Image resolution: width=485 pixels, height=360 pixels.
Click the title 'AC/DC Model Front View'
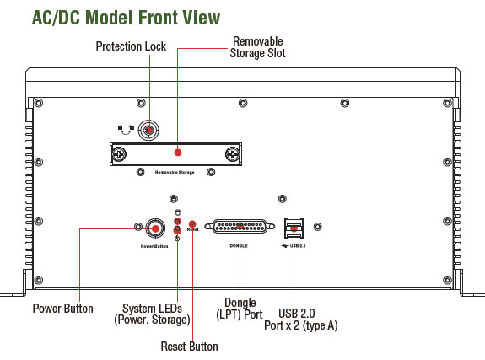(x=126, y=18)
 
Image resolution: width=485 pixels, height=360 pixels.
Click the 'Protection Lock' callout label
(x=131, y=46)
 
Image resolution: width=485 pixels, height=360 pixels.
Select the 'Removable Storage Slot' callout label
(x=257, y=47)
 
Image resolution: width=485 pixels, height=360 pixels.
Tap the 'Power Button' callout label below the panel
(x=62, y=309)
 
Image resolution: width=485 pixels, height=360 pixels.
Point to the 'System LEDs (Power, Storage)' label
(x=152, y=314)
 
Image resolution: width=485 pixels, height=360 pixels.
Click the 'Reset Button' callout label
(x=189, y=347)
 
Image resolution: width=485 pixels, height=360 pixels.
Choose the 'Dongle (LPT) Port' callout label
(x=240, y=309)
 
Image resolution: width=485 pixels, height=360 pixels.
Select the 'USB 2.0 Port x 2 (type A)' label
(x=300, y=320)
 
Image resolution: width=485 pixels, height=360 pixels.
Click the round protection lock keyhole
(x=148, y=131)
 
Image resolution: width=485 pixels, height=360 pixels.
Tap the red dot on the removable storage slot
(x=177, y=153)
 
